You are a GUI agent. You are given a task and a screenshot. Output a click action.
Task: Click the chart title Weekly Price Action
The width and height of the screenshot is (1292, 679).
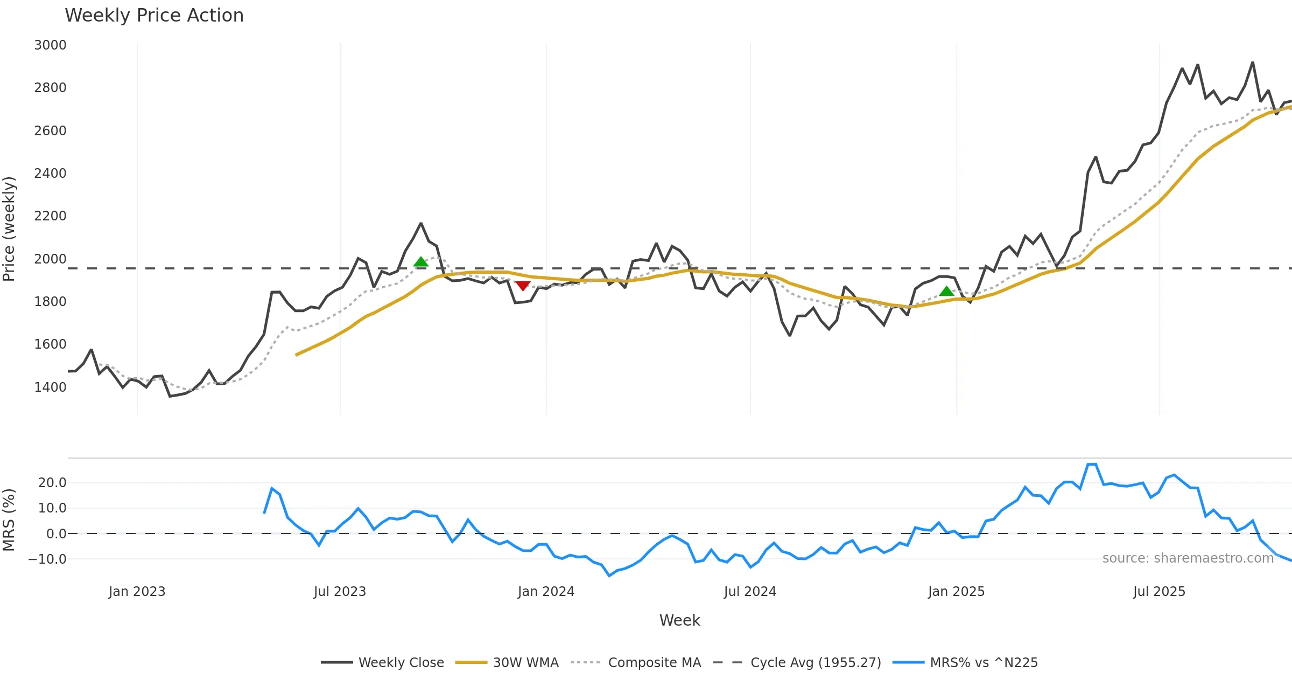[x=154, y=16]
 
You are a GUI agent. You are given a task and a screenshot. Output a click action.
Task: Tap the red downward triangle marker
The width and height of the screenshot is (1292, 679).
[x=523, y=286]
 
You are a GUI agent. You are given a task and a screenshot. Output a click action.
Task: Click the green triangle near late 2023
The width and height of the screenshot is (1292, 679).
[x=421, y=262]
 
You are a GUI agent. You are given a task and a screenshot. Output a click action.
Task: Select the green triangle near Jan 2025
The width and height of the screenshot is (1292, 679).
[x=946, y=292]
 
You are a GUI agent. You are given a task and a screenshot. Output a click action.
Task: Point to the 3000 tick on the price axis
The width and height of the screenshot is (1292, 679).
[x=50, y=45]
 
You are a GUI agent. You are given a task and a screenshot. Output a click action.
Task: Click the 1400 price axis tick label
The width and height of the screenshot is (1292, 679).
[x=50, y=387]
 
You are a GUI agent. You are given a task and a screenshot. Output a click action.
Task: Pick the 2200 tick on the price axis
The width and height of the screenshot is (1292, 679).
[x=50, y=216]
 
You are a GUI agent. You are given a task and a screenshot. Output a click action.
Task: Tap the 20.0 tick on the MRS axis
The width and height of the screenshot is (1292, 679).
[x=52, y=483]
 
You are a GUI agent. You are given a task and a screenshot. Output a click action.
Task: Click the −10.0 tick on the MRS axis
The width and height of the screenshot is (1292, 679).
[x=48, y=559]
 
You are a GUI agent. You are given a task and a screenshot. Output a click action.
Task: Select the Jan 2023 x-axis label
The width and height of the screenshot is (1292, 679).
[x=137, y=592]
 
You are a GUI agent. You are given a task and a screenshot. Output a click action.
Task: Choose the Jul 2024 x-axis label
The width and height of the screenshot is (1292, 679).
[x=750, y=592]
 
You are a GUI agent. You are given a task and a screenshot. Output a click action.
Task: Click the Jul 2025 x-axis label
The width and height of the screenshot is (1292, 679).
[x=1159, y=592]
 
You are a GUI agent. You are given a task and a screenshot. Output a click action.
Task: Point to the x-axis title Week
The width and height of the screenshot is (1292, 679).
[x=679, y=621]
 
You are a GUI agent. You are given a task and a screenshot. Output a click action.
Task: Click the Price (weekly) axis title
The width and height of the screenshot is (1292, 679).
[x=9, y=229]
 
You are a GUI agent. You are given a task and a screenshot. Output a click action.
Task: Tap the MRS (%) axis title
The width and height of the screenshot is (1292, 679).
[x=9, y=520]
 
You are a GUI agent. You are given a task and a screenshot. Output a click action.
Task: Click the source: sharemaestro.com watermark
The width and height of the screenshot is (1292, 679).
[x=1188, y=558]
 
